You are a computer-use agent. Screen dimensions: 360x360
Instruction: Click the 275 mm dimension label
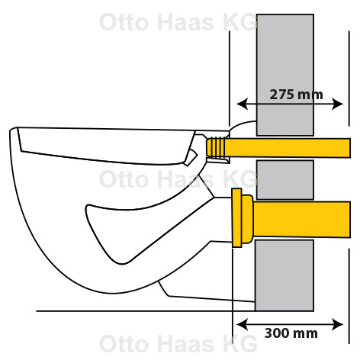(296, 95)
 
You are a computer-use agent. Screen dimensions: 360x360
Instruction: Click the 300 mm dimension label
(291, 333)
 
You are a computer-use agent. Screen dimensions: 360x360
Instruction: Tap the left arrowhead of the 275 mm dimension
(242, 104)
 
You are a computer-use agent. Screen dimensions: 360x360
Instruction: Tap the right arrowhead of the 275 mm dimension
(338, 104)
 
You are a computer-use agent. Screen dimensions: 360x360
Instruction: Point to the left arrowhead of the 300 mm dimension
(242, 325)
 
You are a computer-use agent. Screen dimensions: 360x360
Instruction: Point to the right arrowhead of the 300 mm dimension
(338, 325)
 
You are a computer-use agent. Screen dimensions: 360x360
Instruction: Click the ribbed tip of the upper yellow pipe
(216, 148)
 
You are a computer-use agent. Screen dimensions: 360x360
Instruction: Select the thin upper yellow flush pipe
(278, 148)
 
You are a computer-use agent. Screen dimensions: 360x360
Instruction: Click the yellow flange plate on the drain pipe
(236, 218)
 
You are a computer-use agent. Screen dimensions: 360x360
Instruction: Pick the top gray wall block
(285, 75)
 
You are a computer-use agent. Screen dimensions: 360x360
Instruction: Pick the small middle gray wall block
(285, 180)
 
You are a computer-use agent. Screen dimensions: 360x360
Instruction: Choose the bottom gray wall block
(284, 275)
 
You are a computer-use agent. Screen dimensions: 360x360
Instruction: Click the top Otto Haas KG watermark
(178, 22)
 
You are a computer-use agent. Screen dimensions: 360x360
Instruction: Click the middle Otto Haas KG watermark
(178, 179)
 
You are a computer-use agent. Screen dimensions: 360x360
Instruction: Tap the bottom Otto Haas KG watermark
(178, 343)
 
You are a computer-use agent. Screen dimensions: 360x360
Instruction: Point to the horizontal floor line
(146, 311)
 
